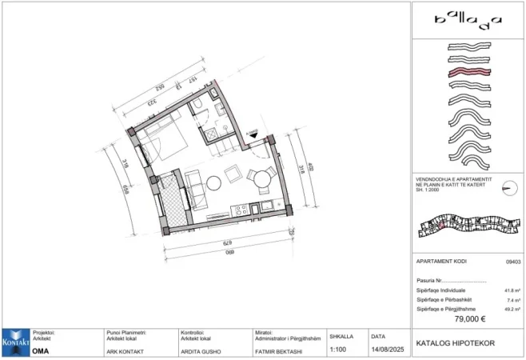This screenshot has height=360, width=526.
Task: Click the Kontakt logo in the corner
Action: click(15, 342)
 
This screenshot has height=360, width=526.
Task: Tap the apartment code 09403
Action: click(513, 262)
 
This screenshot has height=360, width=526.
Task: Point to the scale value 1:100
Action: click(337, 350)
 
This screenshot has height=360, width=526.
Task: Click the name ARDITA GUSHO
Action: click(204, 350)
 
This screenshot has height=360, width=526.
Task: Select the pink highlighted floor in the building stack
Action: click(468, 73)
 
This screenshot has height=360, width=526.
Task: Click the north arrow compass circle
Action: click(507, 189)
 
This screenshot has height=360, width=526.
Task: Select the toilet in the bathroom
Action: click(197, 110)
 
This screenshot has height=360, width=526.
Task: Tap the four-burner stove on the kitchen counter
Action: click(237, 210)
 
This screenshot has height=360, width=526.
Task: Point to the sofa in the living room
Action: click(195, 191)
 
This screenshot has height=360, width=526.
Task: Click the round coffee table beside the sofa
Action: click(213, 182)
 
